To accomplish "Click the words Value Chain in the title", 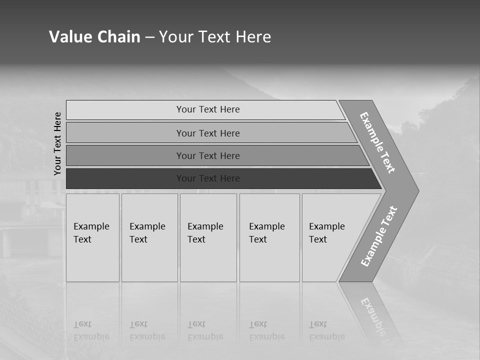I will coord(94,36).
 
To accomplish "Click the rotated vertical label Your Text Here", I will coord(57,143).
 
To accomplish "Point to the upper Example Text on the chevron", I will coord(377,142).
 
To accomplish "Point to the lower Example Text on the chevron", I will coord(378,236).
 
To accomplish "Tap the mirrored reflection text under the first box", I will coord(91,330).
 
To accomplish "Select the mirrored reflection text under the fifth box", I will coord(326,330).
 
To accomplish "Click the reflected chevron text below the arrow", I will coord(373,315).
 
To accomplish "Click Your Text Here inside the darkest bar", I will coord(208,178).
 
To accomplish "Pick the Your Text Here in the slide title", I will coord(215,36).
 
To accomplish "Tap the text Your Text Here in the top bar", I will coord(208,109).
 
